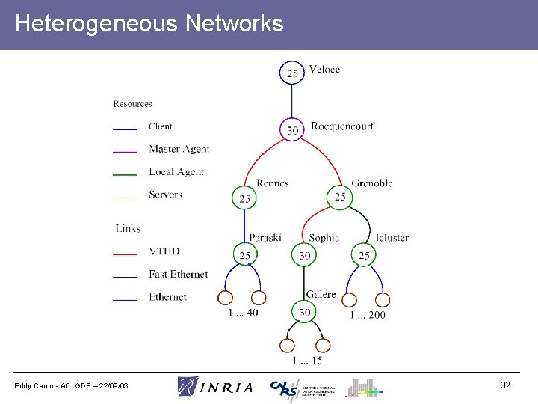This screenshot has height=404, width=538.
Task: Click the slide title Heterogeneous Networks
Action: tap(149, 24)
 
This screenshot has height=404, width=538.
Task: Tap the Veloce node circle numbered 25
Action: tap(292, 73)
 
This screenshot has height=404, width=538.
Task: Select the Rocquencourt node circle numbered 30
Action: tap(292, 130)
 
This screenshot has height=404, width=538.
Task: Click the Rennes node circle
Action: tap(245, 198)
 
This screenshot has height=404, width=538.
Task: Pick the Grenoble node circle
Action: tap(340, 197)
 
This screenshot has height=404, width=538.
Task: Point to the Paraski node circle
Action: tap(245, 255)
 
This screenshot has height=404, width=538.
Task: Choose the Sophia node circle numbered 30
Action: tap(305, 255)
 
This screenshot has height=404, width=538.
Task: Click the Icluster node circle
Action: tap(364, 255)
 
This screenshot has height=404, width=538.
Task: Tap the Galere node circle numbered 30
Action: tap(305, 313)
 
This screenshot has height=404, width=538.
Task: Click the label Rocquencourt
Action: tap(341, 126)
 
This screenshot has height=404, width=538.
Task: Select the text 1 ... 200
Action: tap(368, 315)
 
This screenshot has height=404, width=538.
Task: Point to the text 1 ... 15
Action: tap(306, 361)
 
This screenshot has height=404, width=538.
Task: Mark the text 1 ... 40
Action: tap(244, 313)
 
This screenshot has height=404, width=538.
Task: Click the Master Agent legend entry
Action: tap(179, 149)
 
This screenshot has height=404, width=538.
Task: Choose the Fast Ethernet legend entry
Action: tap(178, 274)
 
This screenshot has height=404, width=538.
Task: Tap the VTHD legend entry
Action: tap(164, 251)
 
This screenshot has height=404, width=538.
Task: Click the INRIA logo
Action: tap(215, 387)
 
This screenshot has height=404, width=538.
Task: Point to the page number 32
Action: tap(505, 385)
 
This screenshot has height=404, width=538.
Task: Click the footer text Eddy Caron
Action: tap(72, 385)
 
